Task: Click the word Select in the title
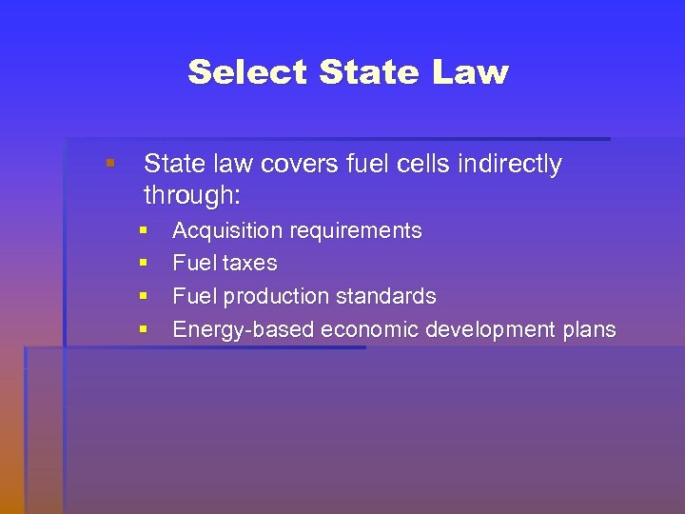248,72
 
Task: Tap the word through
191,196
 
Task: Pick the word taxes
250,264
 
